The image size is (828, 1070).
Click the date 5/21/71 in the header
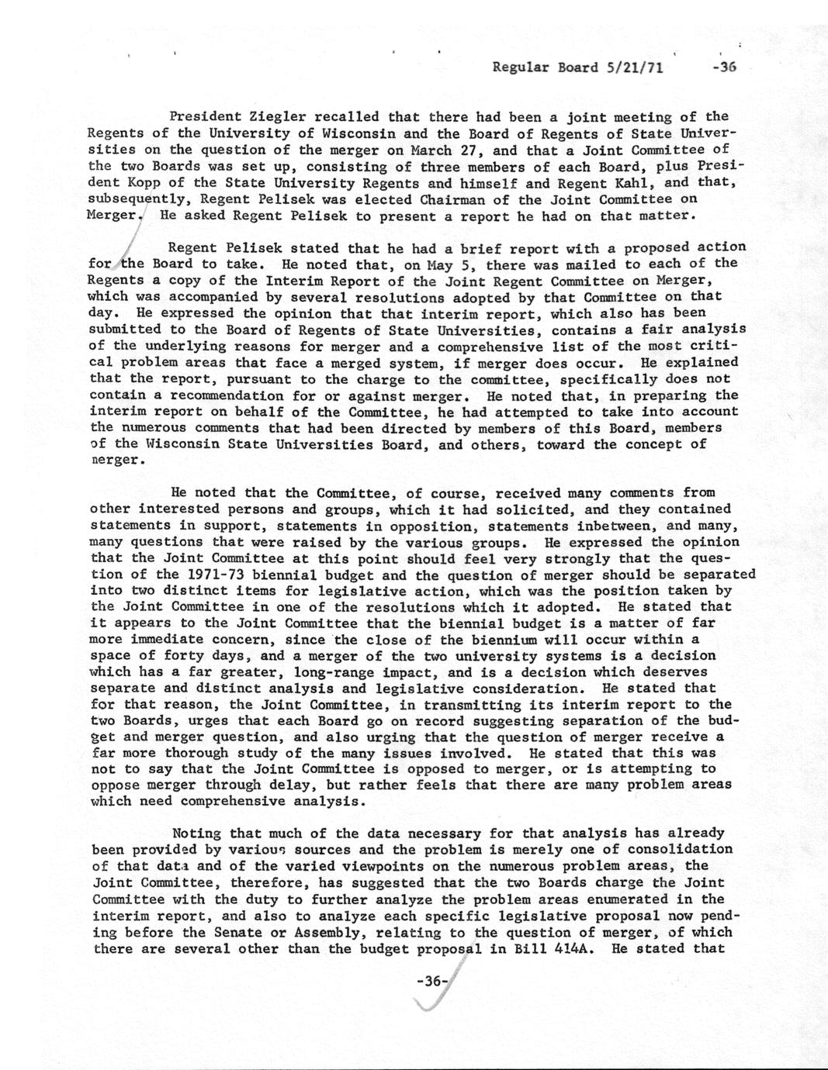[x=632, y=67]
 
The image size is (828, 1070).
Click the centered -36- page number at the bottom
[x=431, y=981]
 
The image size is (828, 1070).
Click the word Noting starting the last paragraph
[x=196, y=834]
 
